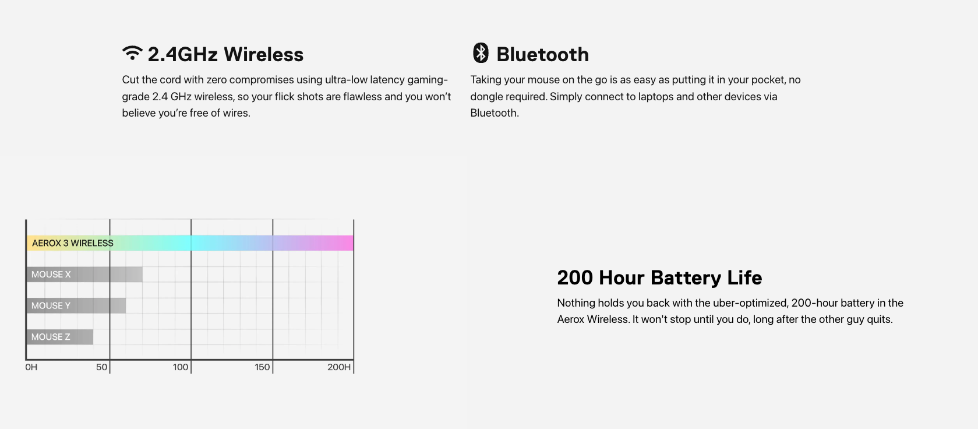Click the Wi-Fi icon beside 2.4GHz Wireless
[x=132, y=53]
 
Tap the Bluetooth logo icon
[x=481, y=53]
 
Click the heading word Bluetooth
[x=543, y=55]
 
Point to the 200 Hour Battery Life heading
[x=659, y=277]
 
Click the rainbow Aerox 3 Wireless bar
[x=190, y=243]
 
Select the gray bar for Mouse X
[x=84, y=275]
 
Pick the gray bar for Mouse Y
[x=76, y=306]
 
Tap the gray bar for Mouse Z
[x=60, y=337]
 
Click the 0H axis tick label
[x=31, y=367]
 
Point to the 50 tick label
[x=102, y=367]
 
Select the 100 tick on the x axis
[x=181, y=367]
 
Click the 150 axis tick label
[x=262, y=367]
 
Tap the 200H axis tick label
[x=339, y=367]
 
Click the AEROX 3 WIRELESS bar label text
[x=72, y=243]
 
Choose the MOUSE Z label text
[x=51, y=337]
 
